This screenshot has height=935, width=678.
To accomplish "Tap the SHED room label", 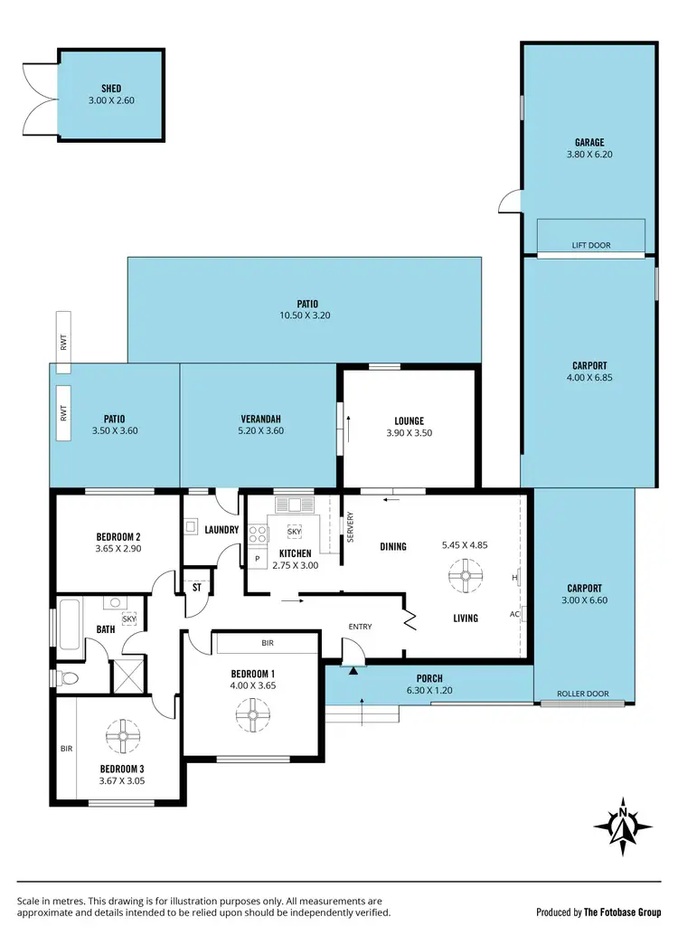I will click(x=111, y=89).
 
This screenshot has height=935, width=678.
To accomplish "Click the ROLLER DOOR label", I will click(x=584, y=694).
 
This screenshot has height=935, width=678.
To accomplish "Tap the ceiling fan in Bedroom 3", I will click(x=119, y=736).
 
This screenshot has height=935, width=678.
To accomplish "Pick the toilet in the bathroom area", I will click(x=68, y=676).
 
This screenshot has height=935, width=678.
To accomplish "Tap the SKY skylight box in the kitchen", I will click(x=295, y=532).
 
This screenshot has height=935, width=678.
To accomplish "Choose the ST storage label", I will click(x=196, y=587).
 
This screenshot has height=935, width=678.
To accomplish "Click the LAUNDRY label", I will click(x=221, y=530).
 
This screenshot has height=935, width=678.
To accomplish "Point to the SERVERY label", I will click(x=351, y=528).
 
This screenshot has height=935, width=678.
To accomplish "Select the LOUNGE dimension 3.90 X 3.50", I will click(x=409, y=433).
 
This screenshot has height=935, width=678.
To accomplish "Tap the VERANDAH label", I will click(x=260, y=419).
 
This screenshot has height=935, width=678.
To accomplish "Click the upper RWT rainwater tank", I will click(x=63, y=342).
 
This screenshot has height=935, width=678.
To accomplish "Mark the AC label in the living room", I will click(x=513, y=614).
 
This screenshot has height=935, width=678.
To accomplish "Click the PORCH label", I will click(x=429, y=678).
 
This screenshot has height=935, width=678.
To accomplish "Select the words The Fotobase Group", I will click(x=623, y=911).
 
